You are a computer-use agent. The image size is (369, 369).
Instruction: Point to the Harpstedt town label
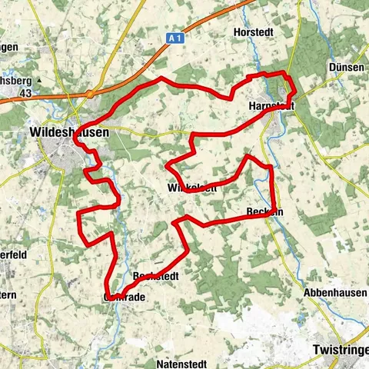272,105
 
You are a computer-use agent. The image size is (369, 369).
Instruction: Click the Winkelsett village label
191,187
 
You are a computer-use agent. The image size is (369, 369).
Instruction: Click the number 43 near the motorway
25,93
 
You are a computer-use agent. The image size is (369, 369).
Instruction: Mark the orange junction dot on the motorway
89,93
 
